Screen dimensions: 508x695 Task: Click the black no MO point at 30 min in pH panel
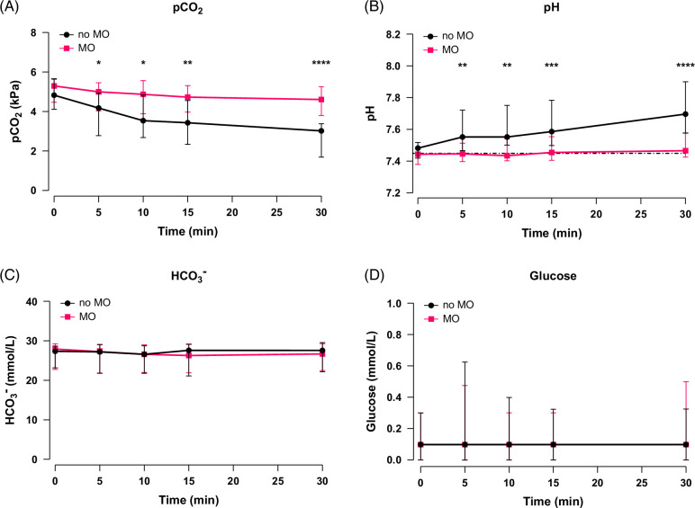coord(686,114)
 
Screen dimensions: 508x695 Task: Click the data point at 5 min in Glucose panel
coord(463,444)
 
